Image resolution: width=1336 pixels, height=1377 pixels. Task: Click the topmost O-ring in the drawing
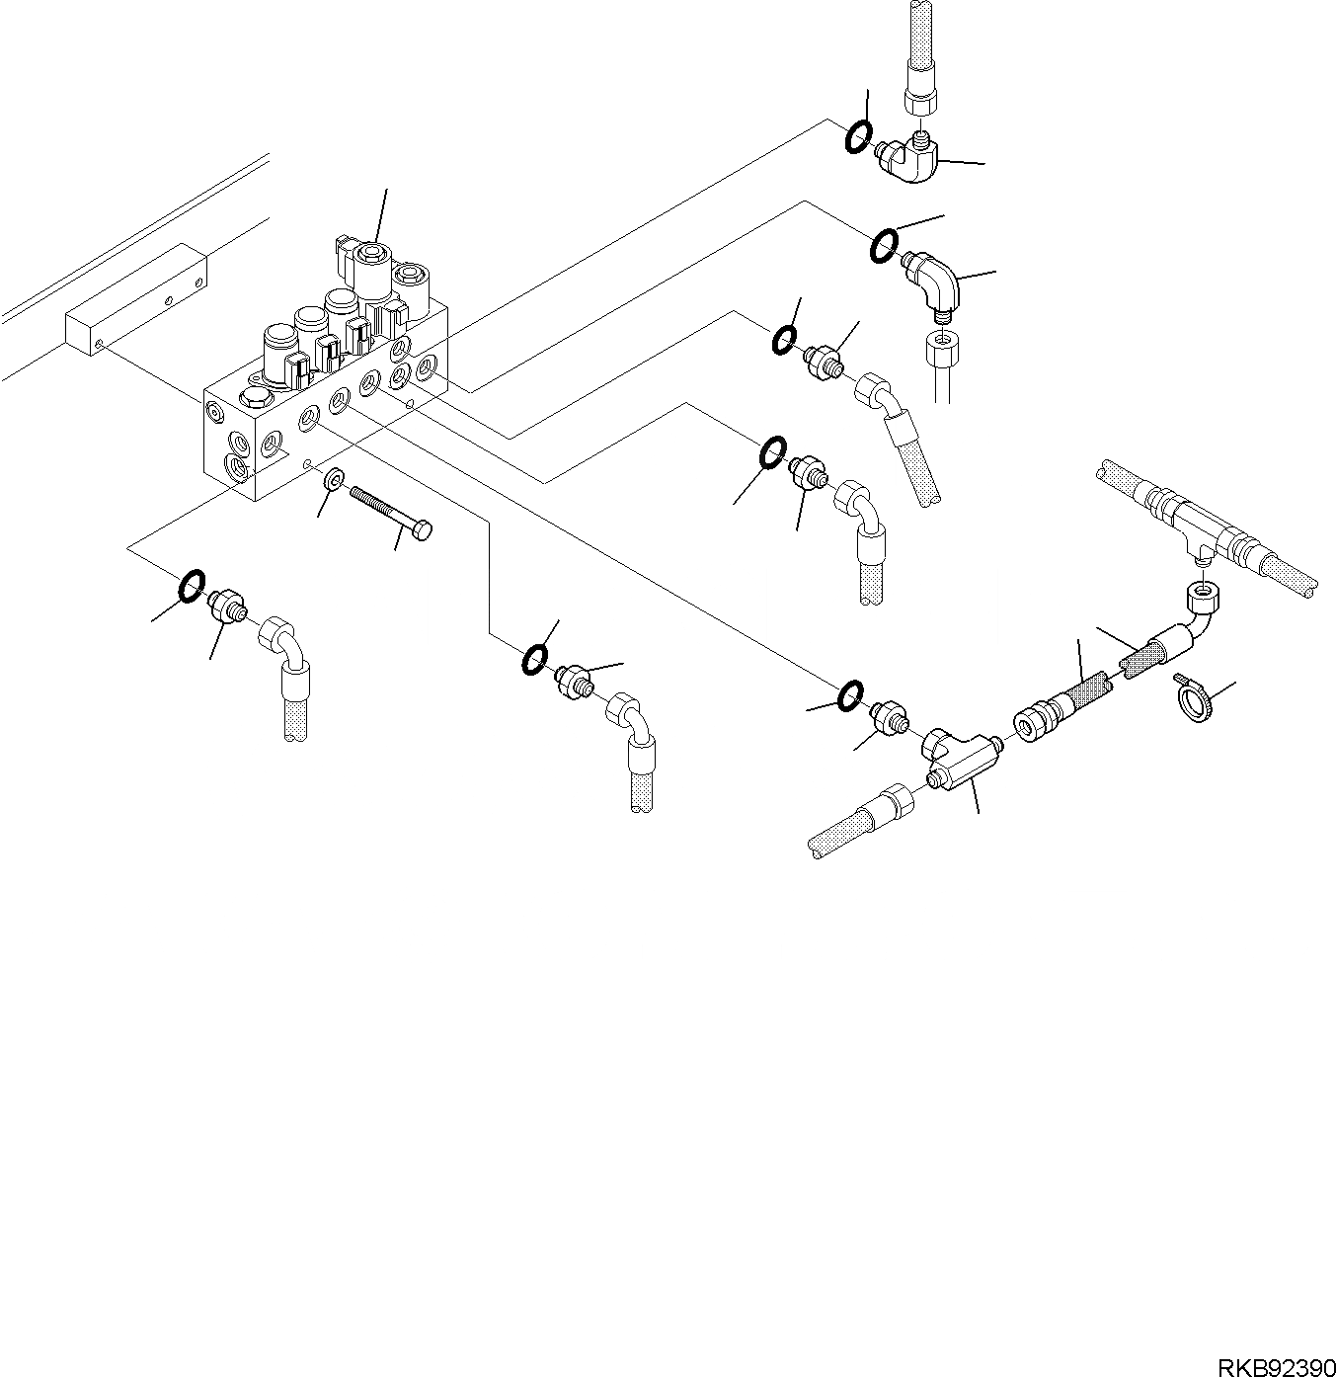(858, 137)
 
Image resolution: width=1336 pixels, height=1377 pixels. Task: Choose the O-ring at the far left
(191, 586)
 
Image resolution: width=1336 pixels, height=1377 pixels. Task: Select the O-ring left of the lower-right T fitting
(849, 695)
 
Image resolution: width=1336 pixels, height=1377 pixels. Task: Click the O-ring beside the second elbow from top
(884, 245)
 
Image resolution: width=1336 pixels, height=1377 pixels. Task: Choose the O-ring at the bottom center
(534, 659)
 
